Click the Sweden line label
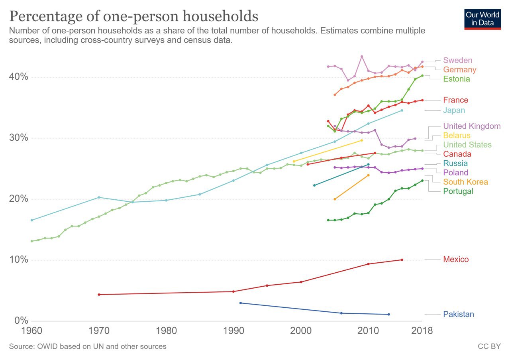(457, 60)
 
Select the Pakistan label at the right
(458, 314)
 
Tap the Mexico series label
(456, 259)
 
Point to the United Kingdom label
(472, 126)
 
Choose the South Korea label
(465, 182)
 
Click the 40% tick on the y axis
(18, 77)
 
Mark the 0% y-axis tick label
(21, 321)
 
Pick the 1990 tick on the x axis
(233, 331)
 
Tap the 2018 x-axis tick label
(422, 331)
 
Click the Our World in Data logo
(483, 19)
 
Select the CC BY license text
(489, 346)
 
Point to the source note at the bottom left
(88, 346)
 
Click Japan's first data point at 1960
(32, 220)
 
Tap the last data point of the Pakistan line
(388, 315)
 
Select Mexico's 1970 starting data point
(99, 295)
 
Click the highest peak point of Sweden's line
(362, 56)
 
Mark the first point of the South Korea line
(335, 199)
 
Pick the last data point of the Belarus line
(362, 140)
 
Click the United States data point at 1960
(32, 241)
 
